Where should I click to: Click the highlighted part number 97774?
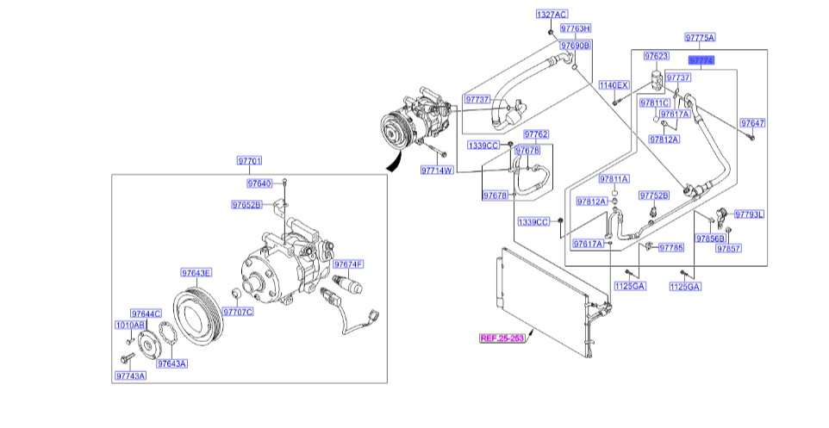701,61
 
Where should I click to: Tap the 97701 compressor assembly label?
250,161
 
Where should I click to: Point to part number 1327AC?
552,15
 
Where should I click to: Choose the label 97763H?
575,29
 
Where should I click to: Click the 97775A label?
700,38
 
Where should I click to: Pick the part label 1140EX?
614,84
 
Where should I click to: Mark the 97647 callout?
752,123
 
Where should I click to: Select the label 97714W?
437,170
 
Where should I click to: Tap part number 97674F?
348,264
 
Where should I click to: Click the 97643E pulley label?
196,273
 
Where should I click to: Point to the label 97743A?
130,375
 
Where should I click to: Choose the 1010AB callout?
130,326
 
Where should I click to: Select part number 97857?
729,247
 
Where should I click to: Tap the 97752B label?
654,195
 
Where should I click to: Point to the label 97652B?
246,205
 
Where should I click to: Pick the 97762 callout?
535,134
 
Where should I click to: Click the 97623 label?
657,56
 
